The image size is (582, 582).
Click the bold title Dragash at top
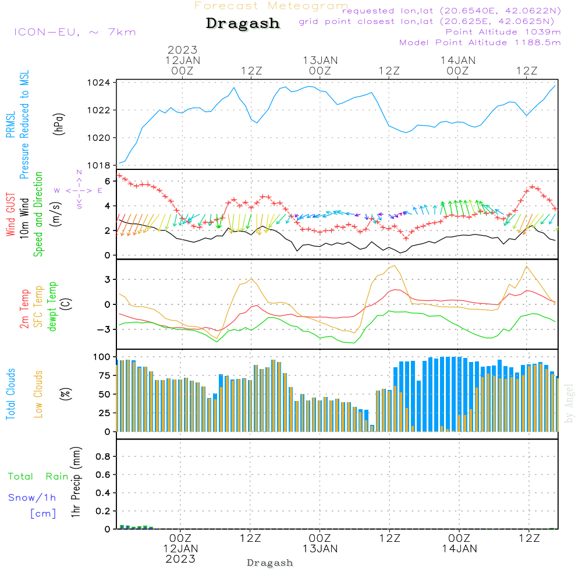click(243, 23)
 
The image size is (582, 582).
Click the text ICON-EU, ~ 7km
click(75, 32)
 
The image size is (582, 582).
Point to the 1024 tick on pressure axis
click(99, 83)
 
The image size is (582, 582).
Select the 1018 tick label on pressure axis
click(99, 165)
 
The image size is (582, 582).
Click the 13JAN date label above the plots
click(320, 61)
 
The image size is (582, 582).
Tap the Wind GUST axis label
click(10, 214)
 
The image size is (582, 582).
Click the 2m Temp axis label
click(24, 309)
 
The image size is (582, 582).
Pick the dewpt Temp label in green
click(52, 306)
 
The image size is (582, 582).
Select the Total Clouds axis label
click(10, 394)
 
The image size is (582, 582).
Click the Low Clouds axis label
click(38, 394)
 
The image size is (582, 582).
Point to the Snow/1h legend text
click(32, 498)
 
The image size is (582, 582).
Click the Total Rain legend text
click(38, 476)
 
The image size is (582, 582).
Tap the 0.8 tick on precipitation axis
click(103, 456)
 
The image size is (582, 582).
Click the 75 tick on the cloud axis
click(104, 375)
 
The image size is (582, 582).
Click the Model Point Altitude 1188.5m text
click(480, 42)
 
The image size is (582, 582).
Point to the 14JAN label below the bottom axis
click(460, 549)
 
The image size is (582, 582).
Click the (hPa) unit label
click(59, 124)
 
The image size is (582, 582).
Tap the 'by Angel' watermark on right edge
click(569, 403)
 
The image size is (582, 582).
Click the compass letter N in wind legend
click(79, 172)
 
